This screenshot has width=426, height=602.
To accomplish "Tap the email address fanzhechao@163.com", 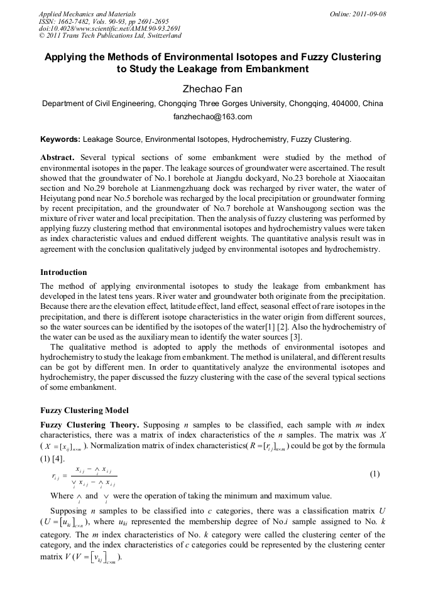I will click(212, 117).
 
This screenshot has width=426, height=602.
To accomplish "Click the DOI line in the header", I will click(110, 28).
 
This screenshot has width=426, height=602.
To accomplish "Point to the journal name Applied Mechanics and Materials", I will click(87, 14).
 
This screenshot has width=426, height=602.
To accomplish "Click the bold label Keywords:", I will click(60, 139).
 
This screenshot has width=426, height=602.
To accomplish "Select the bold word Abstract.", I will click(58, 158).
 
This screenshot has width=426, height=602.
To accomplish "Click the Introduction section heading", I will click(63, 272).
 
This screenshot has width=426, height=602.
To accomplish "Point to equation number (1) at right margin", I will click(374, 475).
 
